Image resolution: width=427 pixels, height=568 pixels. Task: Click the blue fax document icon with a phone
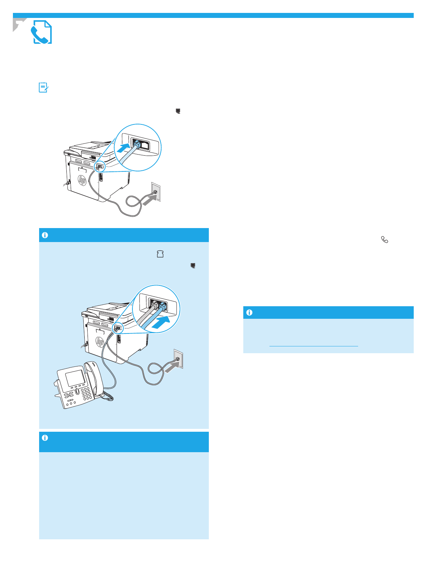(42, 32)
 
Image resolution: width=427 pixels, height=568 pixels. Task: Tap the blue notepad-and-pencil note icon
(43, 87)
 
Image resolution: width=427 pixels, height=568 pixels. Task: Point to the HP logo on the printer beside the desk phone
(100, 342)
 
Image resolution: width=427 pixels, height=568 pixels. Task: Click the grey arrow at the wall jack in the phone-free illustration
(147, 202)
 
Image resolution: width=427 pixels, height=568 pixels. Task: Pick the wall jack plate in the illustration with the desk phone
(178, 358)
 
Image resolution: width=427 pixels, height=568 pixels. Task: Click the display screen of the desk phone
(75, 378)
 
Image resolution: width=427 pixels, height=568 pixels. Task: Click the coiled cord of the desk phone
(108, 397)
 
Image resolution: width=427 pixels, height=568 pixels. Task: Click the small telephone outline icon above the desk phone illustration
(160, 254)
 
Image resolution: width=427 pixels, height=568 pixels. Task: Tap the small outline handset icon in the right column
(385, 240)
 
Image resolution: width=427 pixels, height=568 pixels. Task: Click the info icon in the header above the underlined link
(249, 313)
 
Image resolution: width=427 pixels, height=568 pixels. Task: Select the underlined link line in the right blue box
(313, 346)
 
